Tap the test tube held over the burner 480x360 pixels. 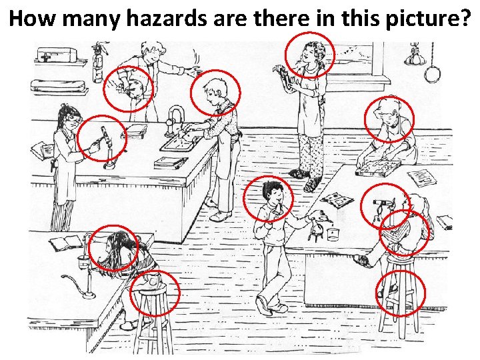click(x=104, y=137)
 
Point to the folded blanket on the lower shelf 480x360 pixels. click(x=56, y=86)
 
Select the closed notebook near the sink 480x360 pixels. click(x=166, y=163)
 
